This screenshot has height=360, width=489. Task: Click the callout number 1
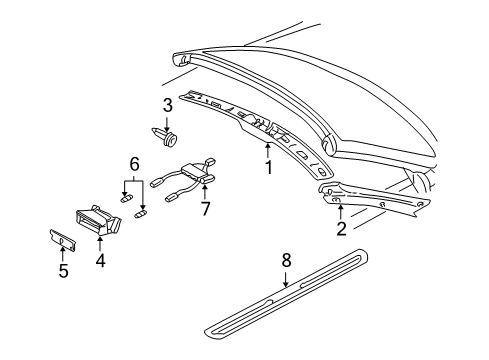[269, 167]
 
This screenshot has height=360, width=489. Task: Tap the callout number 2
[341, 229]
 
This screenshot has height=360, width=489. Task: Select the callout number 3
[168, 105]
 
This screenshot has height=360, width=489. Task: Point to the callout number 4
[100, 260]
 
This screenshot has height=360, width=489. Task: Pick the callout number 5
[63, 270]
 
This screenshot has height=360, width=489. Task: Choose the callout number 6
[134, 164]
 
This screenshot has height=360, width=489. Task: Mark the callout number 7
[205, 209]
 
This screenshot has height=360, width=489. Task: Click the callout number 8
[286, 260]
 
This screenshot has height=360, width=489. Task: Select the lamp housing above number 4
[98, 221]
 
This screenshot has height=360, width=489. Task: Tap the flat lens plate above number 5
[63, 239]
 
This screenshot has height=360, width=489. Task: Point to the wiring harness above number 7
[184, 179]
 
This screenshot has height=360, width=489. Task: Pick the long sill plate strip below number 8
[287, 293]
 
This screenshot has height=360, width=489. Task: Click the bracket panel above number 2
[373, 199]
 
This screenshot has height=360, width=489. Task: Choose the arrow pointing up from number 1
[268, 150]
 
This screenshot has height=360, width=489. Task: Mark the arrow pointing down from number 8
[286, 279]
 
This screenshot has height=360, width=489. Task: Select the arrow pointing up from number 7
[205, 193]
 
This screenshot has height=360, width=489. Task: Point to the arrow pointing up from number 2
[340, 213]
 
